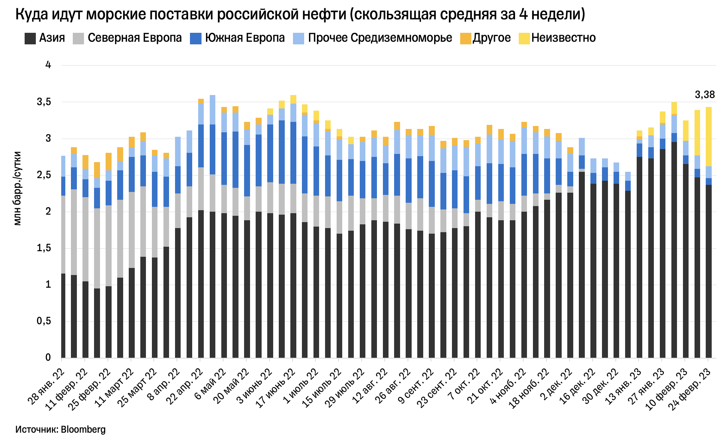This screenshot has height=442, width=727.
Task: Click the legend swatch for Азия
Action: (x=30, y=38)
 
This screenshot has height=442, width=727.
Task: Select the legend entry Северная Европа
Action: (x=135, y=38)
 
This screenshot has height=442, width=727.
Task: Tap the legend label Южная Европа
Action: (x=245, y=38)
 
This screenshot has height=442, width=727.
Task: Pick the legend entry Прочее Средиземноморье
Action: (x=380, y=38)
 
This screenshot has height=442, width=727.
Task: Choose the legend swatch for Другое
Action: (x=465, y=38)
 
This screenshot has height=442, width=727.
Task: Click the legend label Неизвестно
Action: (x=564, y=38)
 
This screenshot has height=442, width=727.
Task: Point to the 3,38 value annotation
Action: (x=705, y=95)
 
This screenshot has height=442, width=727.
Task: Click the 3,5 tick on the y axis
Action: (x=44, y=102)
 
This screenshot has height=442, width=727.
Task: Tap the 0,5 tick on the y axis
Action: (x=44, y=321)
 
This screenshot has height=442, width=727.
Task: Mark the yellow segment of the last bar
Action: (x=708, y=136)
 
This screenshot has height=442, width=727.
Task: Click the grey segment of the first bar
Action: (x=63, y=235)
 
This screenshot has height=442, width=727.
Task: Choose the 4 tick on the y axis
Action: (x=48, y=65)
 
